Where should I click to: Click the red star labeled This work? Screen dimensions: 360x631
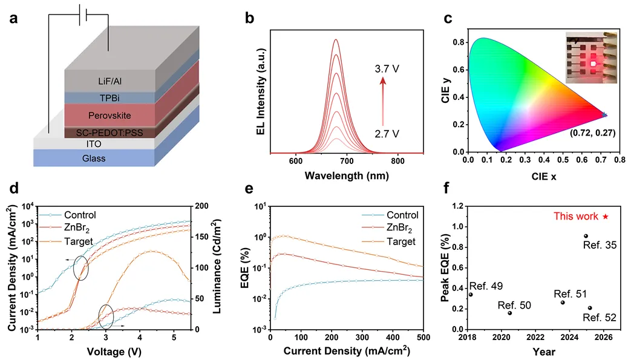pyautogui.click(x=605, y=216)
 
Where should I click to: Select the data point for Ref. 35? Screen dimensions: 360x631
pyautogui.click(x=586, y=236)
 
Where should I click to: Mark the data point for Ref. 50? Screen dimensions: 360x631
pyautogui.click(x=509, y=313)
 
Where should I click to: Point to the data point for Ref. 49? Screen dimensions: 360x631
pyautogui.click(x=471, y=295)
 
